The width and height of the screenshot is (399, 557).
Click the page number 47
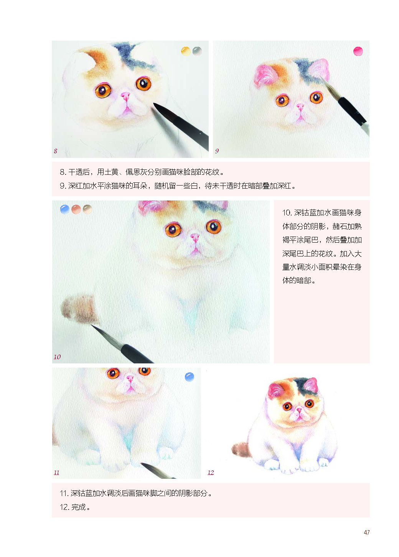366,532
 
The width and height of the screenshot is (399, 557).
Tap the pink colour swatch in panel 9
358,51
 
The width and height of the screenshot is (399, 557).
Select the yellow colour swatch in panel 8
186,51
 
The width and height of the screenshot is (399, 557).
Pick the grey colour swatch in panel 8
197,51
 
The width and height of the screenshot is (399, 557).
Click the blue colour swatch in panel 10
65,209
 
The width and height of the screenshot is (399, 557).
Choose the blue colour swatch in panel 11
190,377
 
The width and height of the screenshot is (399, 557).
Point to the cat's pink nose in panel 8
125,95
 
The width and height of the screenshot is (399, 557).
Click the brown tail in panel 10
79,308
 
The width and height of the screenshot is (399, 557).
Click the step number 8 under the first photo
56,151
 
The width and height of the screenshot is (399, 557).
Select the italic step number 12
211,472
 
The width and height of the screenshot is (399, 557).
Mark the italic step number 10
57,357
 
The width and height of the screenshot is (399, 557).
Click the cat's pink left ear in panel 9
264,75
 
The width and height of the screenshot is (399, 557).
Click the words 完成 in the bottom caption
79,507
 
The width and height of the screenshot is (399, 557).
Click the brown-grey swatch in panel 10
87,209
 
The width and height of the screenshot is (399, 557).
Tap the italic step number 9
217,151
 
